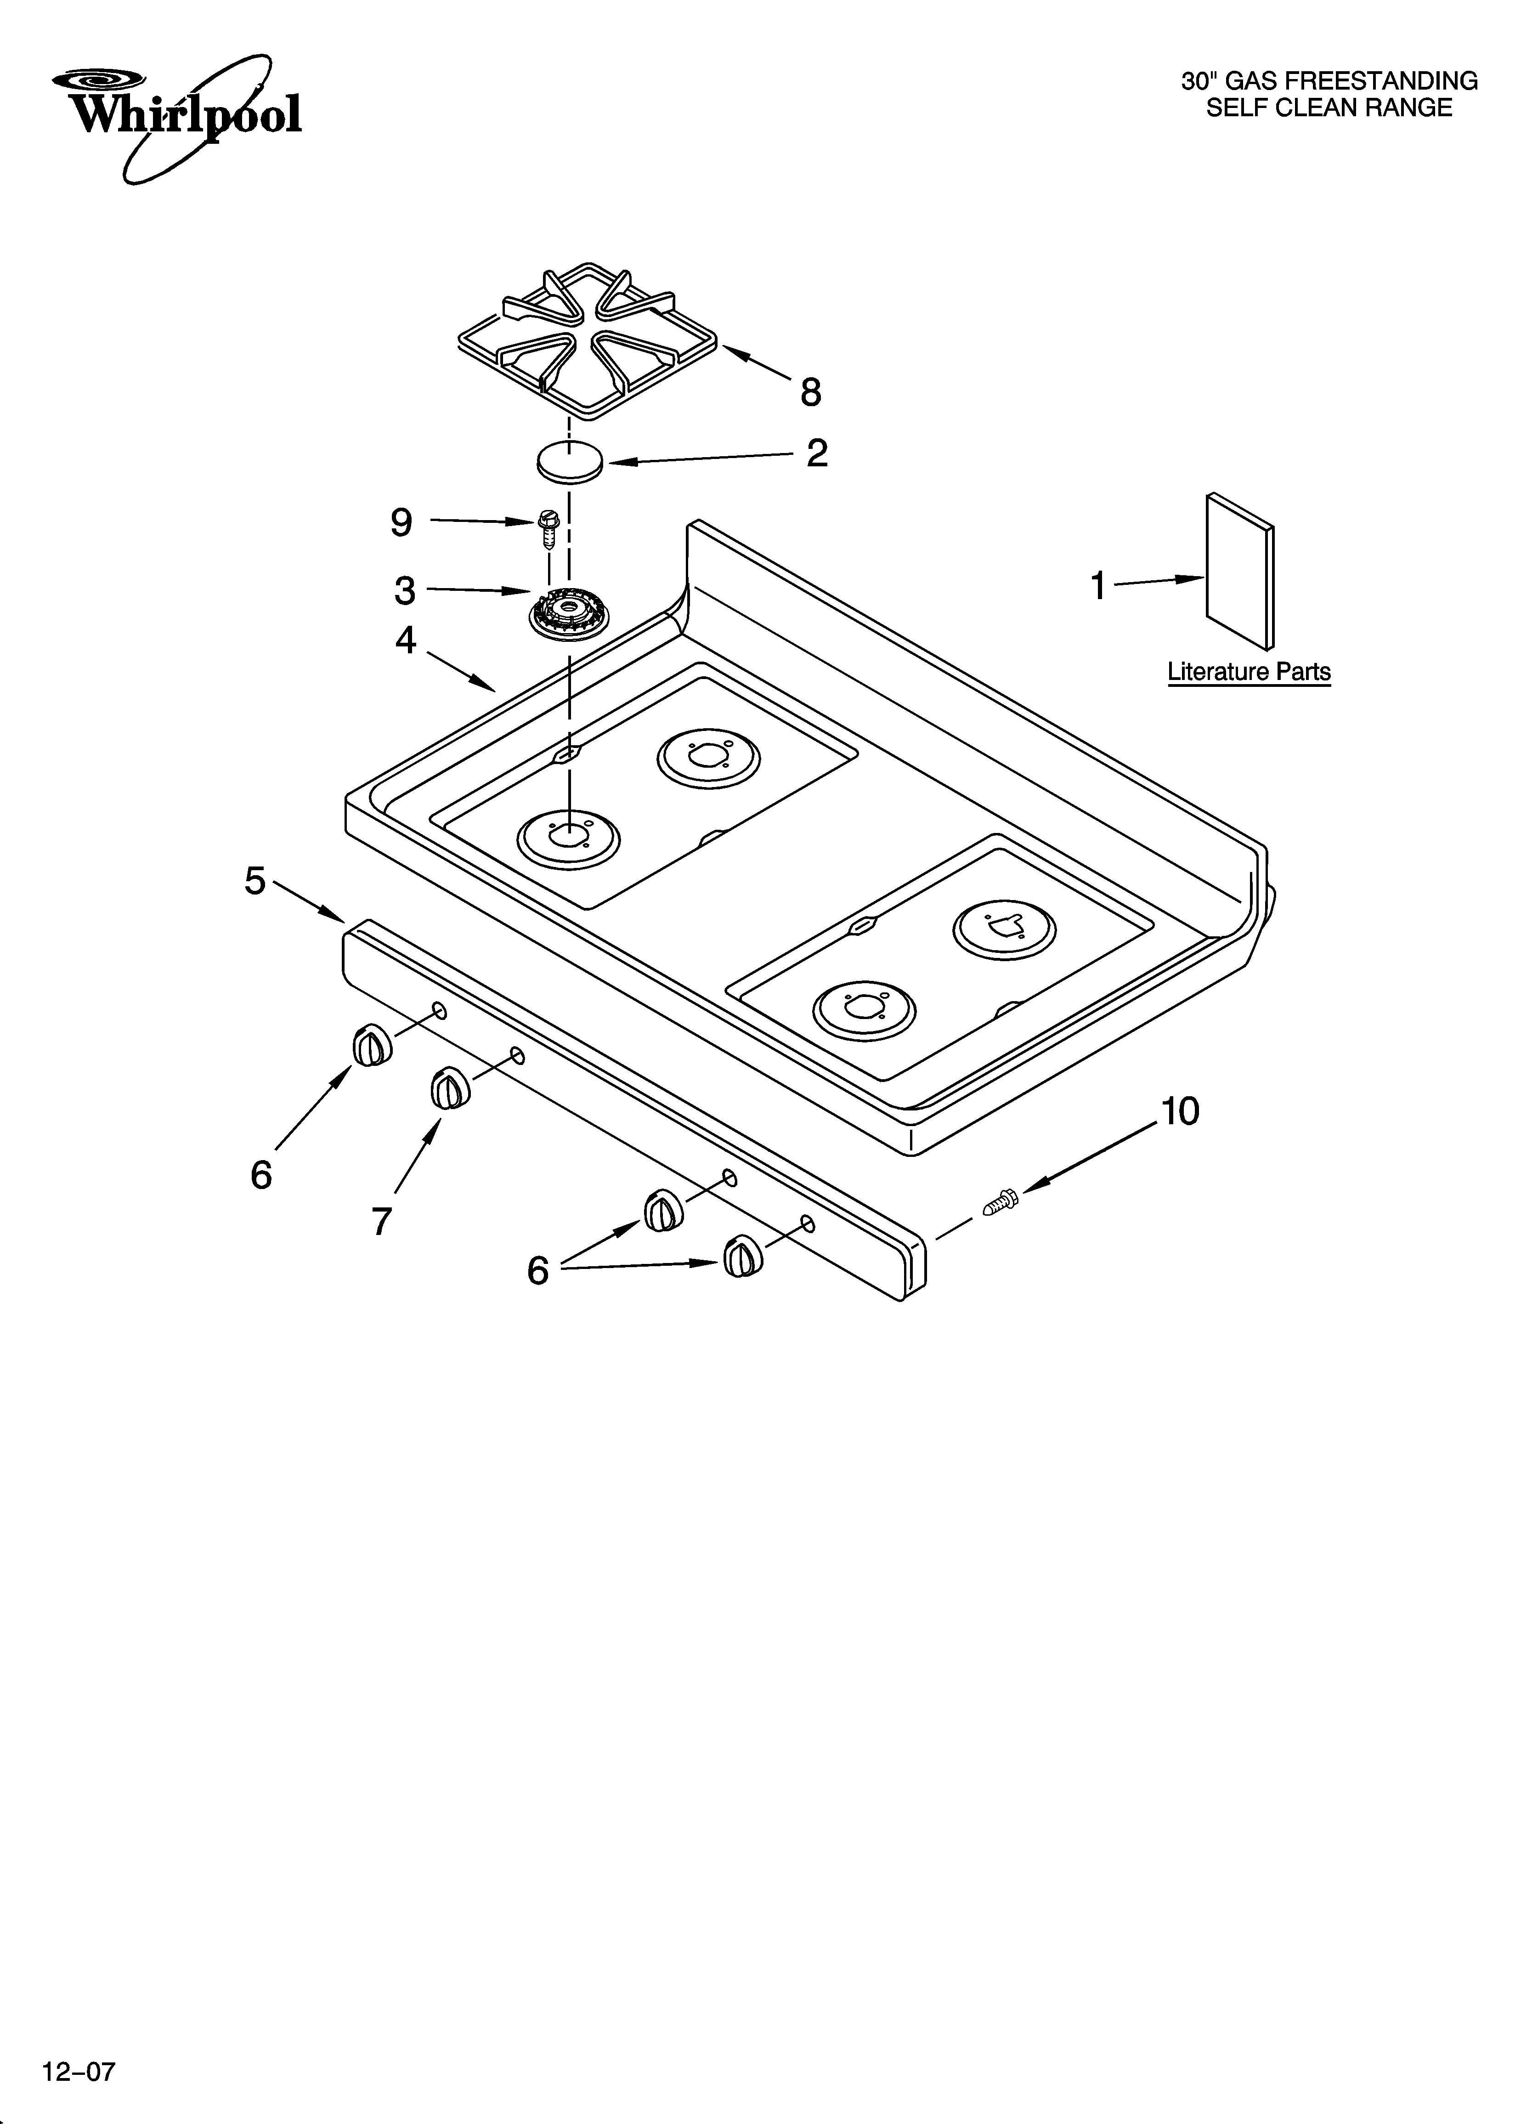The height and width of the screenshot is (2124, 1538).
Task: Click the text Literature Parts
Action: pos(1249,672)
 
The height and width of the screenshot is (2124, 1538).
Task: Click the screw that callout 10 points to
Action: pos(1001,1202)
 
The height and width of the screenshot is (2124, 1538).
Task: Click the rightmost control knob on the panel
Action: pos(742,1255)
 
